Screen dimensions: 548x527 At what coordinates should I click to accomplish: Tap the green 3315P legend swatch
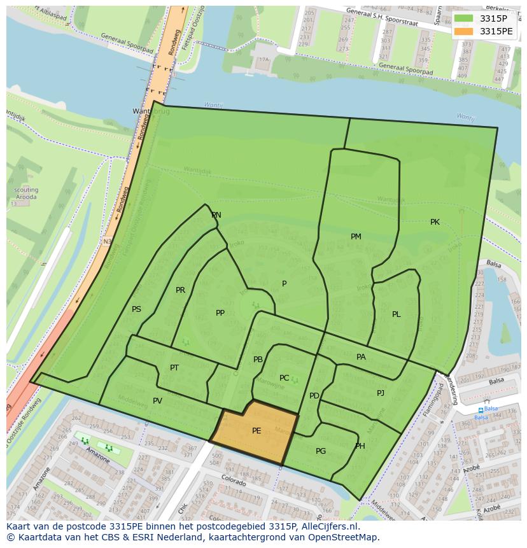coord(463,18)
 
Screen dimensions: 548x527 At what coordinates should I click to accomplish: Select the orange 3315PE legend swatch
coord(463,31)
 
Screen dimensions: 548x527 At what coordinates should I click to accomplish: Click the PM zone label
coord(356,237)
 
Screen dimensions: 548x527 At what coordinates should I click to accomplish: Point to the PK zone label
coord(435,222)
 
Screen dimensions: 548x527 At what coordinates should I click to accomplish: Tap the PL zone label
coord(396,314)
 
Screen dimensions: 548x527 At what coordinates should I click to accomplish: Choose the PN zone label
coord(216,215)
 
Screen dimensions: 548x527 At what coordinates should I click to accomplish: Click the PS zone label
coord(136,309)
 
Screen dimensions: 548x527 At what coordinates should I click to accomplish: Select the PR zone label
coord(180,290)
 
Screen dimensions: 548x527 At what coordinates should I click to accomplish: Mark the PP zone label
coord(220,313)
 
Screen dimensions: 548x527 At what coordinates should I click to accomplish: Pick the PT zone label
coord(174,368)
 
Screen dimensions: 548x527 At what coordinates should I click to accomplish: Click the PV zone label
coord(157,401)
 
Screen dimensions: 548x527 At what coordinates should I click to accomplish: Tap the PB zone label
coord(258,360)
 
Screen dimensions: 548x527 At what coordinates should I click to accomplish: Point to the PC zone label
coord(284,378)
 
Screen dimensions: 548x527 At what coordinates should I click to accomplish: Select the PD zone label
coord(314,396)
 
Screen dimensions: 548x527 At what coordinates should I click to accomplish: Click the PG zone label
coord(321,451)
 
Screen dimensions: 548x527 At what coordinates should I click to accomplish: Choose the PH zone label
coord(360,446)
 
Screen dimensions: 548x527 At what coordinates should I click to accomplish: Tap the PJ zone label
coord(381,393)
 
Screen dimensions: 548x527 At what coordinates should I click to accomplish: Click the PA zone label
coord(361,357)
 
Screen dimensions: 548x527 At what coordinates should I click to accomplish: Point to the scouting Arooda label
coord(26,193)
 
